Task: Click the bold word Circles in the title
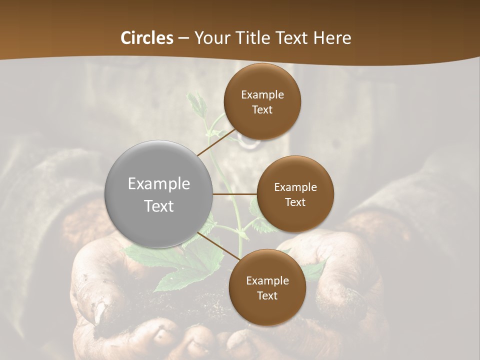coord(147,38)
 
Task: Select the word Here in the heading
coord(332,38)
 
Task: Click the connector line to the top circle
coord(216,142)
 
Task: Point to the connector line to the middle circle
coord(235,194)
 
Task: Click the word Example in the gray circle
coord(159,184)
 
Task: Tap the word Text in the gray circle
coord(159,206)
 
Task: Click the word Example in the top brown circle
coord(262,94)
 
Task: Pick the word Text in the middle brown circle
coord(295,202)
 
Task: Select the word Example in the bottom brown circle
coord(267,280)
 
